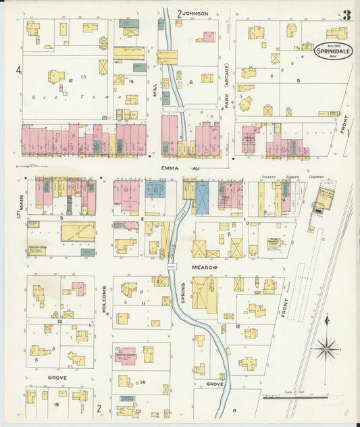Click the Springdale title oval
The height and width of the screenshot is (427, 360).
click(x=333, y=51)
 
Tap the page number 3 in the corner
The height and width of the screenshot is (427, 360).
click(x=346, y=15)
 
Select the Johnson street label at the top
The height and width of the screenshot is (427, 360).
click(x=193, y=13)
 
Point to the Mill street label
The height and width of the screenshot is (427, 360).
click(x=155, y=100)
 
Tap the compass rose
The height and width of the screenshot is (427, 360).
click(x=326, y=347)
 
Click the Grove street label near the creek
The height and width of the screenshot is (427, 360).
click(x=215, y=384)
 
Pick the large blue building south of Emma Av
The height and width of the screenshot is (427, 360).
click(x=202, y=198)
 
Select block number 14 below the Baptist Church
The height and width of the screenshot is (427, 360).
click(x=143, y=382)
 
